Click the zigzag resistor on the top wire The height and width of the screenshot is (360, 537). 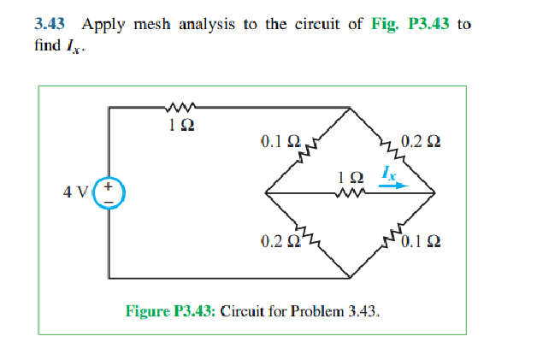click(180, 108)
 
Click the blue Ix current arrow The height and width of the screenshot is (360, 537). click(394, 184)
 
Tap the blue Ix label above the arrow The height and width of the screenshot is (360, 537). click(389, 171)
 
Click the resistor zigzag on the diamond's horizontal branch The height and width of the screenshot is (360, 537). click(351, 193)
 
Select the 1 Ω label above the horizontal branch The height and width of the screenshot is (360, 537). click(351, 177)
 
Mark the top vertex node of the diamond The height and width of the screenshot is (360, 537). click(351, 109)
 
